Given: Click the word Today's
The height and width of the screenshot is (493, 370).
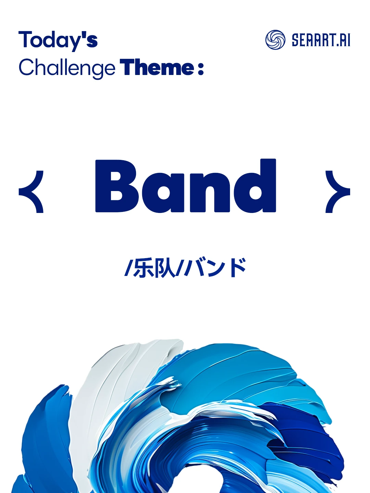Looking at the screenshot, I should (58, 40).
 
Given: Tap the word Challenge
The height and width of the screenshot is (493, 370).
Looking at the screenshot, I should (67, 68).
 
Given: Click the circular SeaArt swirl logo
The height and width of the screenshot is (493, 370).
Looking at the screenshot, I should (275, 40).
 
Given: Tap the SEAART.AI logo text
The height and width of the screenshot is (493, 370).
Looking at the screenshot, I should (321, 40).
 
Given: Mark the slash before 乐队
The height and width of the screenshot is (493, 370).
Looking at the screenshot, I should (128, 268).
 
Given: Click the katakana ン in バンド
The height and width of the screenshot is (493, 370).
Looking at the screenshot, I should (217, 268).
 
